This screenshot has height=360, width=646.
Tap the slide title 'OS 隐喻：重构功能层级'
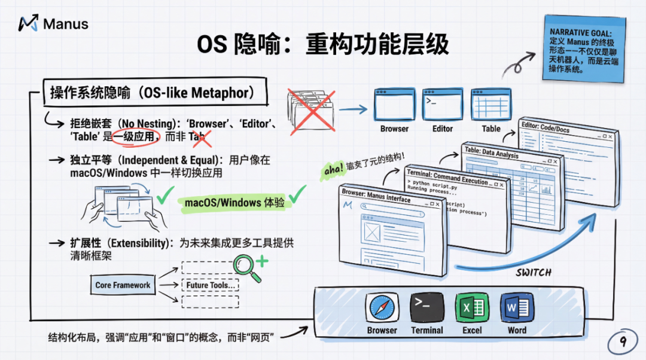tap(323, 45)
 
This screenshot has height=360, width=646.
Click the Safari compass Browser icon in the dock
tap(382, 307)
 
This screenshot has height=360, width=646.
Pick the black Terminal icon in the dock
tap(426, 307)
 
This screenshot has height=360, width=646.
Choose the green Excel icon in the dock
tap(472, 307)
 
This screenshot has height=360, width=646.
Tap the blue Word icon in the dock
tap(517, 307)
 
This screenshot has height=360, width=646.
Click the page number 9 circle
tap(623, 342)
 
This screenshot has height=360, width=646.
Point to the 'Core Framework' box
tap(123, 285)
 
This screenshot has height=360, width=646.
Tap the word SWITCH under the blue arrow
tap(534, 273)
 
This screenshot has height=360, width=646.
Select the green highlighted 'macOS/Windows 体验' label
tap(234, 202)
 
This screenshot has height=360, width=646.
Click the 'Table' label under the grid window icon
tap(491, 129)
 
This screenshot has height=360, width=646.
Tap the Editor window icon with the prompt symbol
tap(443, 105)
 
